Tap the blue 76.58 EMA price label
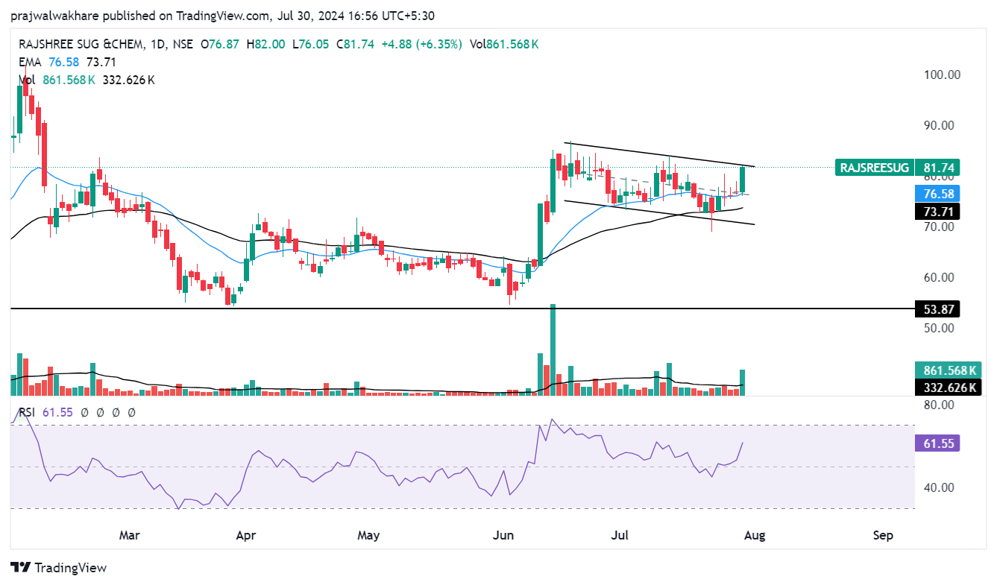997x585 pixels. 937,194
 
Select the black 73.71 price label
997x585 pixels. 937,212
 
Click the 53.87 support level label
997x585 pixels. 937,309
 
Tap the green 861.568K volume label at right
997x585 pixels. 947,370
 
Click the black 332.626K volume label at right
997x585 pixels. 947,388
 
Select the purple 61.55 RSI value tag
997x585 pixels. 937,444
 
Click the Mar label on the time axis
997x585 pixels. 130,535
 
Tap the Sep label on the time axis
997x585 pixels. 883,535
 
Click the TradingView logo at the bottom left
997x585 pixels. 59,568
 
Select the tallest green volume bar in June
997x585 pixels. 553,349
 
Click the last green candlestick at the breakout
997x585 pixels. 743,180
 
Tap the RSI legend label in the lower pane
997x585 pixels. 25,411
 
